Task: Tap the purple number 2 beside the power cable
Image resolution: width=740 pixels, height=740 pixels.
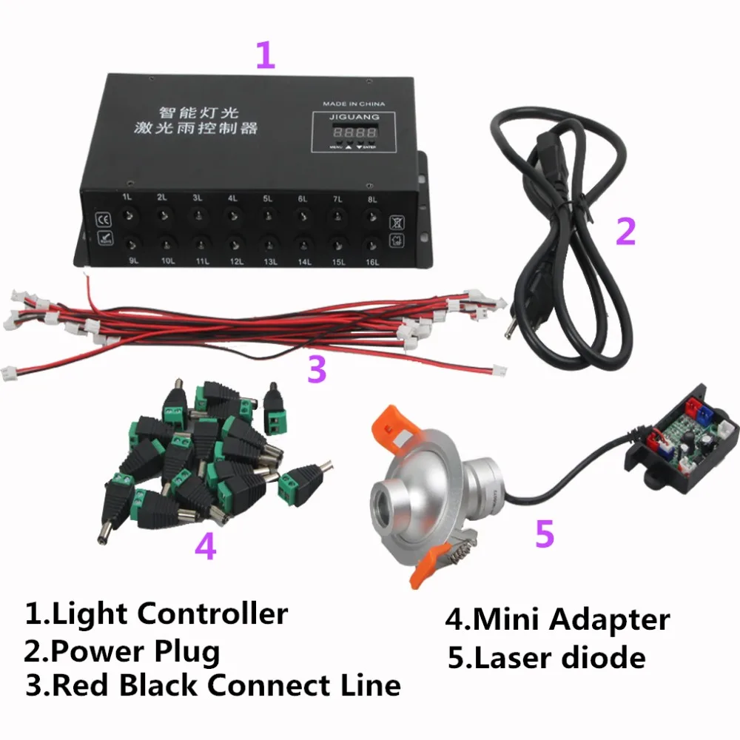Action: coord(625,231)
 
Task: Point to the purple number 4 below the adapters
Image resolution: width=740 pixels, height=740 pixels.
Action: coord(205,547)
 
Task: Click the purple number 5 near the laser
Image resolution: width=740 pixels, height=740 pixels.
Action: coord(545,534)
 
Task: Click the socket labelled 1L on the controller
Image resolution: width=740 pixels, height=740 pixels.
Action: coord(129,215)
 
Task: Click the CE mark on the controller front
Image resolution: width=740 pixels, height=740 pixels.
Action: coord(104,219)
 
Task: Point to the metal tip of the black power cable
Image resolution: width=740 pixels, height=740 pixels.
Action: coord(509,331)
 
